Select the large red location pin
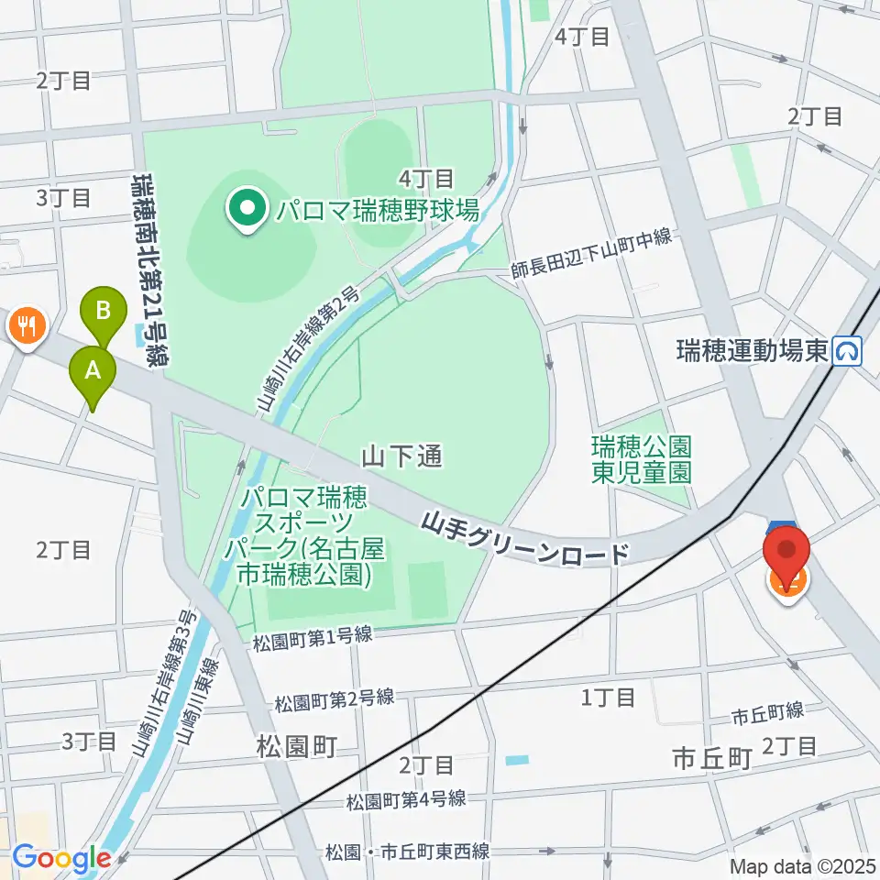pos(786,554)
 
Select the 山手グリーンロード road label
pos(526,538)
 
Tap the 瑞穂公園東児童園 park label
pos(641,459)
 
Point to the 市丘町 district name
pos(712,757)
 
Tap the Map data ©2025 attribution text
pos(798,865)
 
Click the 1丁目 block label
pos(609,698)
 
